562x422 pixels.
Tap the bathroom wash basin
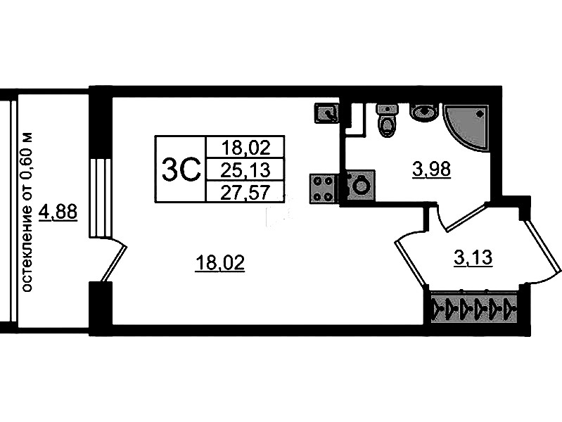click(423, 112)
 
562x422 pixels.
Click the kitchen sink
click(327, 112)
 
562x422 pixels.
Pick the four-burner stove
click(324, 187)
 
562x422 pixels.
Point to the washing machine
click(359, 186)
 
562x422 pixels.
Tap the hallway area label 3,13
click(473, 258)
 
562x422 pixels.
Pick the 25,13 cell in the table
click(245, 170)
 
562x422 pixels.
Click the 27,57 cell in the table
click(245, 192)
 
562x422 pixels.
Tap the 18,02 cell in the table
click(245, 147)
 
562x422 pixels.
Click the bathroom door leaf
click(462, 216)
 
